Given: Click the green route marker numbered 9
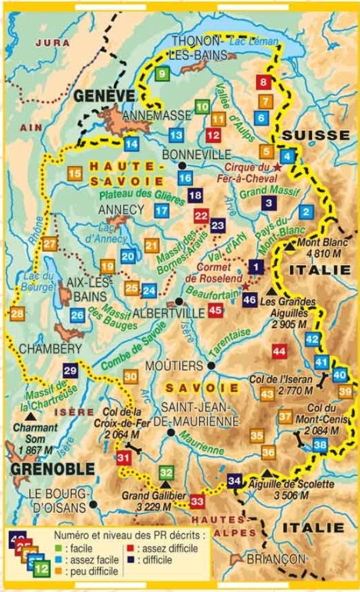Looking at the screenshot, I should pyautogui.click(x=162, y=75).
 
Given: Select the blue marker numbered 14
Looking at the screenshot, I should pyautogui.click(x=132, y=143).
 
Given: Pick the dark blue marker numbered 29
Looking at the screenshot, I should pyautogui.click(x=70, y=371).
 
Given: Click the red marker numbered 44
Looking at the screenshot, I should pyautogui.click(x=278, y=351).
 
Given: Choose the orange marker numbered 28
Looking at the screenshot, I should pyautogui.click(x=17, y=314).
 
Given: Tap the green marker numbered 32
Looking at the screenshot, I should pyautogui.click(x=166, y=473).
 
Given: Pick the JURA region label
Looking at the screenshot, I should pyautogui.click(x=48, y=43).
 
